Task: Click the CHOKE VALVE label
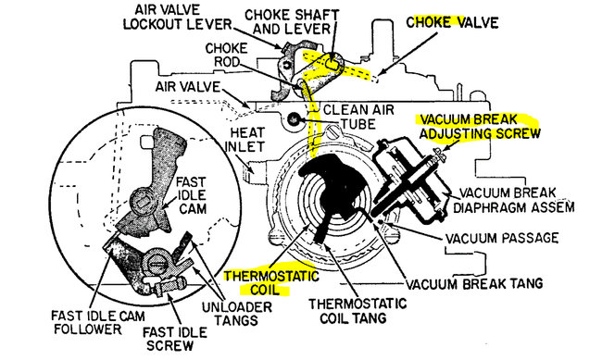452,22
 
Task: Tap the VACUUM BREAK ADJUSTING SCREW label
480,126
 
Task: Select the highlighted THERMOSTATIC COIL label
271,282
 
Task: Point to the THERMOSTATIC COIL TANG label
357,311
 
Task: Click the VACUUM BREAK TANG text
474,283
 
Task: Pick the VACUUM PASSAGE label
502,238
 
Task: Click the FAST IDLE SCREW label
175,338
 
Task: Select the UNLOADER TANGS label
237,313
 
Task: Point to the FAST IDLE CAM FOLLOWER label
98,322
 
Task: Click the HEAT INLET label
246,140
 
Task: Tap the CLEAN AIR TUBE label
358,117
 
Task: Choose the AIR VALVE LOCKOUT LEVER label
178,17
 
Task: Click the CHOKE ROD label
227,55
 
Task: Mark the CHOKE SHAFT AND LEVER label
292,21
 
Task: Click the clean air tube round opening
294,119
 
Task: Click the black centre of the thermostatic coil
333,196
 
